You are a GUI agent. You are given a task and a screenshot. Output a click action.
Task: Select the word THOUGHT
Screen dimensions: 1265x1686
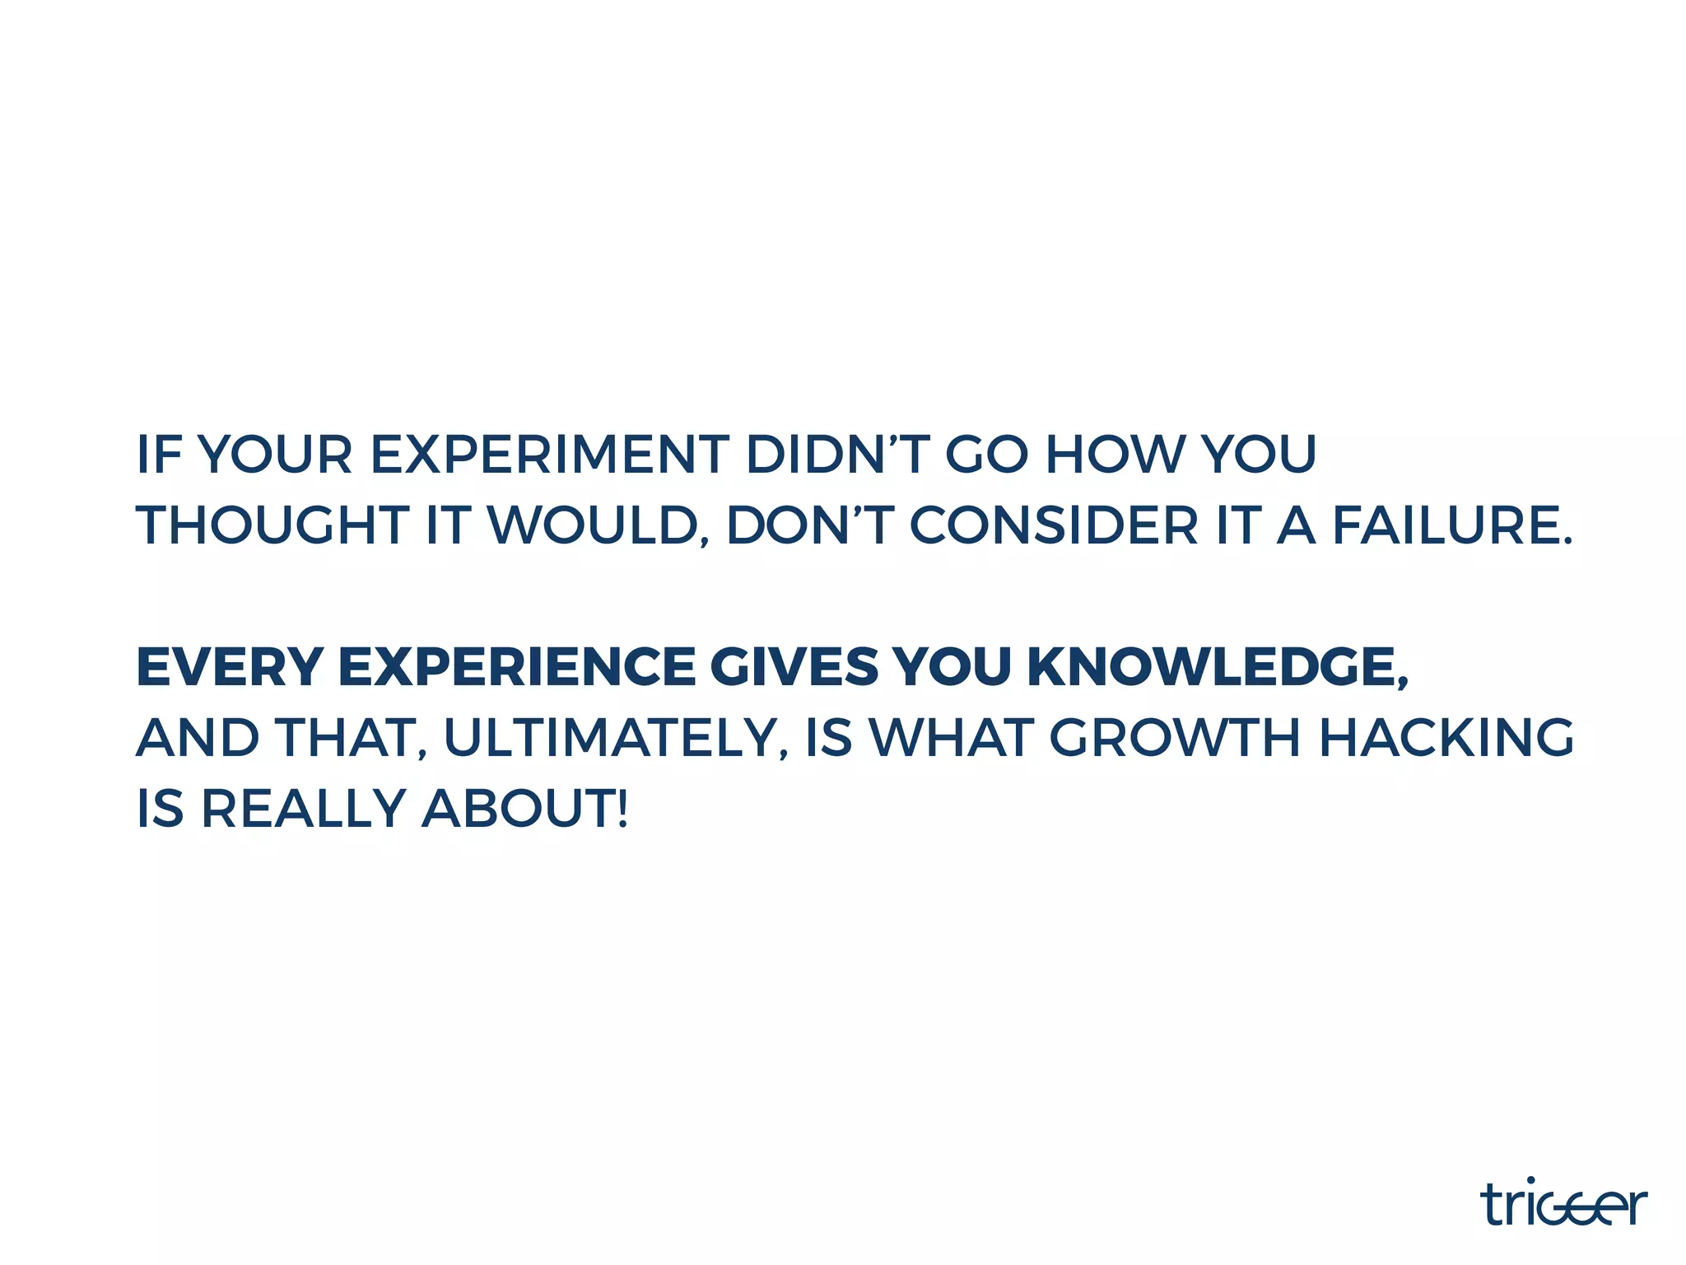pos(272,525)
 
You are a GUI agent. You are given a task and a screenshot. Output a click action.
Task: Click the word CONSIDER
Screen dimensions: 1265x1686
pos(1054,525)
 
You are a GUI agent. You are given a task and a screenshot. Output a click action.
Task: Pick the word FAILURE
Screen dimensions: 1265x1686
pos(1451,525)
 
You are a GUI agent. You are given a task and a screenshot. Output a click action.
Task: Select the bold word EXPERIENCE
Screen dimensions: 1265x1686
pos(517,666)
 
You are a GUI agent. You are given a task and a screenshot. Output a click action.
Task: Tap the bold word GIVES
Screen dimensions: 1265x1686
pos(794,666)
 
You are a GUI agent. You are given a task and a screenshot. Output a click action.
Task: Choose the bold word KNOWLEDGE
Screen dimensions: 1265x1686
pos(1217,666)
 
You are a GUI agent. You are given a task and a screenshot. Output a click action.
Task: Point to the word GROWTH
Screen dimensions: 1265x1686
pos(1175,737)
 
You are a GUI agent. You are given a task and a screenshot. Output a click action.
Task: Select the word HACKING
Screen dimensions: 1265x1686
pos(1446,737)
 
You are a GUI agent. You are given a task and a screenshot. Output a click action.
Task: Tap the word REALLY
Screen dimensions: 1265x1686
pos(303,808)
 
